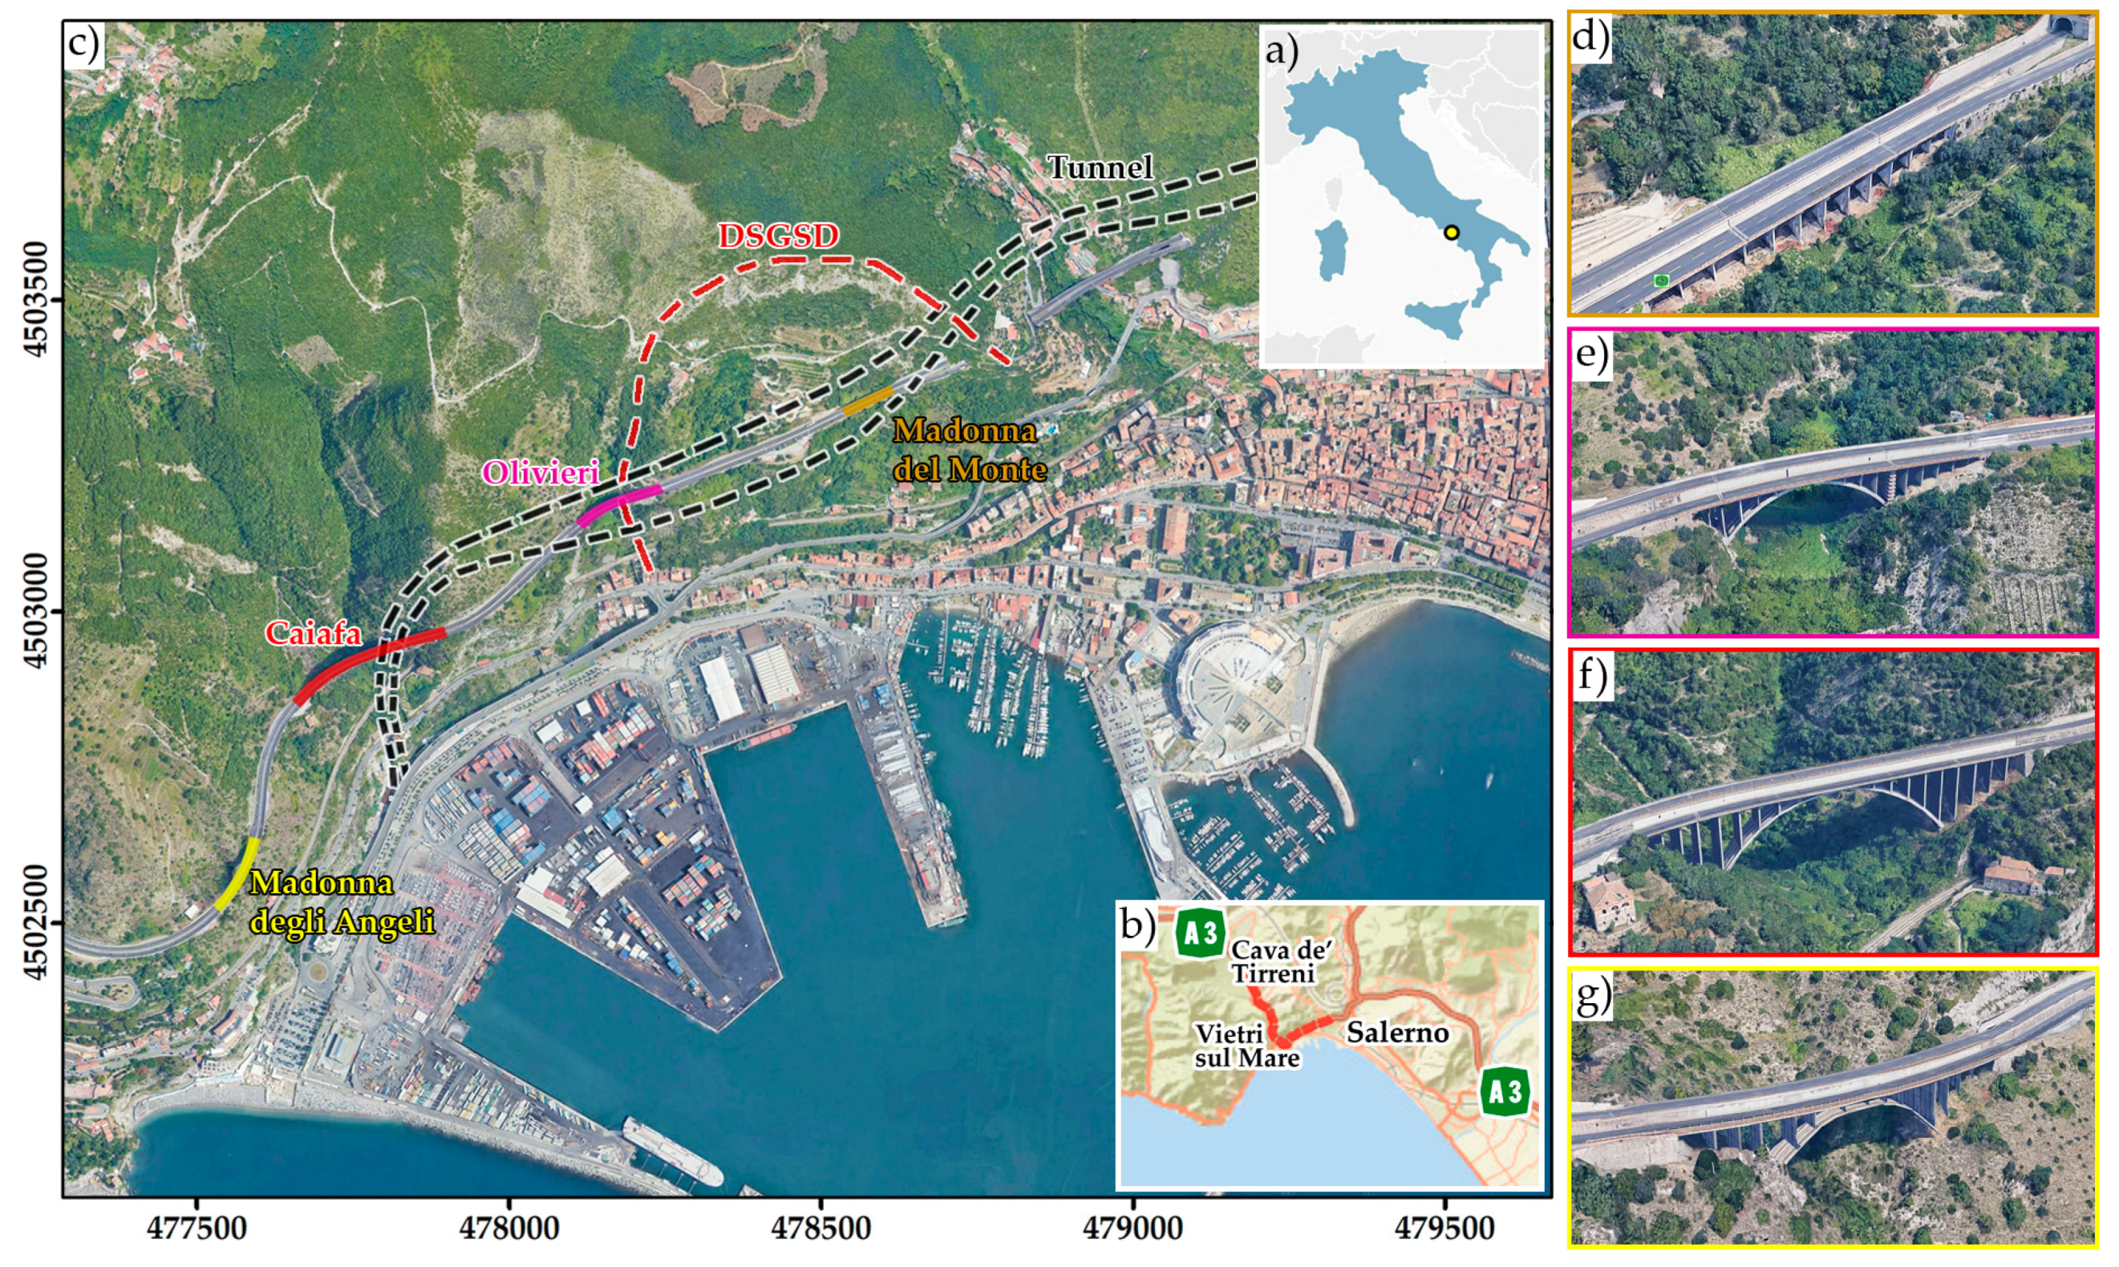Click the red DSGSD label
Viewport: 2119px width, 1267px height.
[x=778, y=236]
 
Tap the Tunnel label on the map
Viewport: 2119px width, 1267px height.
[x=1100, y=168]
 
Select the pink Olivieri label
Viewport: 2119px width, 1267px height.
[x=541, y=472]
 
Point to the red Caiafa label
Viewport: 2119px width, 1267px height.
[x=313, y=633]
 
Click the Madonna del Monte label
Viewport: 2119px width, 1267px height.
[x=969, y=450]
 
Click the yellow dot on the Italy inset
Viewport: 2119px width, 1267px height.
[x=1452, y=233]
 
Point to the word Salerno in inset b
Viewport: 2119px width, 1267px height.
[x=1398, y=1032]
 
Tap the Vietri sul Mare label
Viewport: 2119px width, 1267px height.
[x=1246, y=1046]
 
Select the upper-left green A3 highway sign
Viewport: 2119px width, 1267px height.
[x=1201, y=933]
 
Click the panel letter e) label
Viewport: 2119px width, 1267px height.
[x=1590, y=352]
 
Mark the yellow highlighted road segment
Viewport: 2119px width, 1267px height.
[x=237, y=873]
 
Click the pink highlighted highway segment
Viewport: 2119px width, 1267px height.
[x=618, y=504]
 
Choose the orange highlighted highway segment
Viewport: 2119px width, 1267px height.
[x=867, y=400]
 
